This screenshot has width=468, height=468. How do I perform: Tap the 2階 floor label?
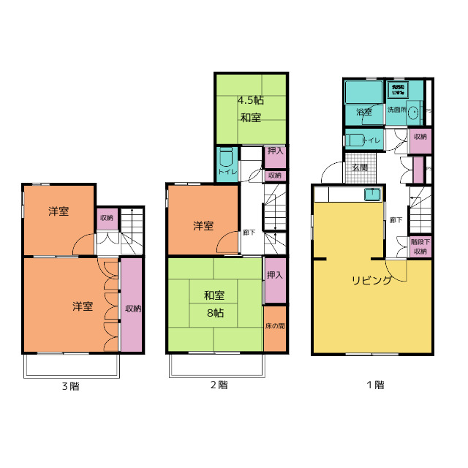pos(218,385)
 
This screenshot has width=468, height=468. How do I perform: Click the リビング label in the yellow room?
pos(371,280)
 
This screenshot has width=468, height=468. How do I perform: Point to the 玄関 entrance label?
pos(360,167)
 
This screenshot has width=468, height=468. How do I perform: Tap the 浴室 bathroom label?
pos(364,112)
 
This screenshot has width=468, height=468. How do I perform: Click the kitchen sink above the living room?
pos(371,195)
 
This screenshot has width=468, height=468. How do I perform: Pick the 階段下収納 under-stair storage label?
pos(420,246)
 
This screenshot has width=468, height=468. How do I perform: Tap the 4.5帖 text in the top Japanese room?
pos(250,101)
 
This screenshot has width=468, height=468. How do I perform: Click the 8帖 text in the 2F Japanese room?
pos(214,312)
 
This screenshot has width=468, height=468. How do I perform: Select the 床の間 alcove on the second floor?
pos(275,326)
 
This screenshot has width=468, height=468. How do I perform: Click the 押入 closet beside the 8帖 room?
pos(275,276)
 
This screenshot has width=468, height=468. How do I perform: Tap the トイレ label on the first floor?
pos(372,140)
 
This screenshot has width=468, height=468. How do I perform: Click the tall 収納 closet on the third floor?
pos(132,308)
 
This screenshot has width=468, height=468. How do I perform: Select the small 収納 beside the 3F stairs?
pos(107,218)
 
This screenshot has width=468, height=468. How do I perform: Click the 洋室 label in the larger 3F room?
pos(82,306)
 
